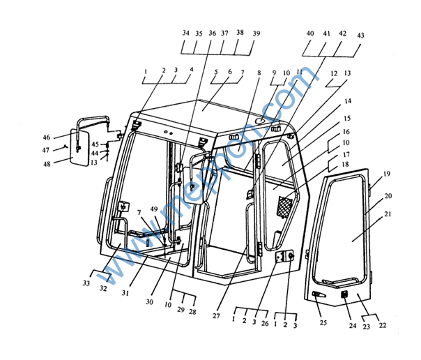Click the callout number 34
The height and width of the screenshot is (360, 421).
click(x=185, y=33)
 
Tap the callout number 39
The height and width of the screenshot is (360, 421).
click(x=257, y=33)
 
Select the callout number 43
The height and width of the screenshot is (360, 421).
click(x=360, y=35)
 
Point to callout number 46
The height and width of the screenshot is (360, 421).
click(x=47, y=137)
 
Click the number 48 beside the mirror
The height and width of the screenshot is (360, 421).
click(x=47, y=164)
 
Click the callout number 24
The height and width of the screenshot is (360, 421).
click(x=353, y=324)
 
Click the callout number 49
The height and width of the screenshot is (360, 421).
click(x=154, y=209)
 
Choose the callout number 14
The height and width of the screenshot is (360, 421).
click(x=347, y=101)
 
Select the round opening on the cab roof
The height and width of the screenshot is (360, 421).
click(x=259, y=122)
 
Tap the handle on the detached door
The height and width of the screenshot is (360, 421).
click(x=317, y=294)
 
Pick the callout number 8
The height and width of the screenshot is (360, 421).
click(x=259, y=72)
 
